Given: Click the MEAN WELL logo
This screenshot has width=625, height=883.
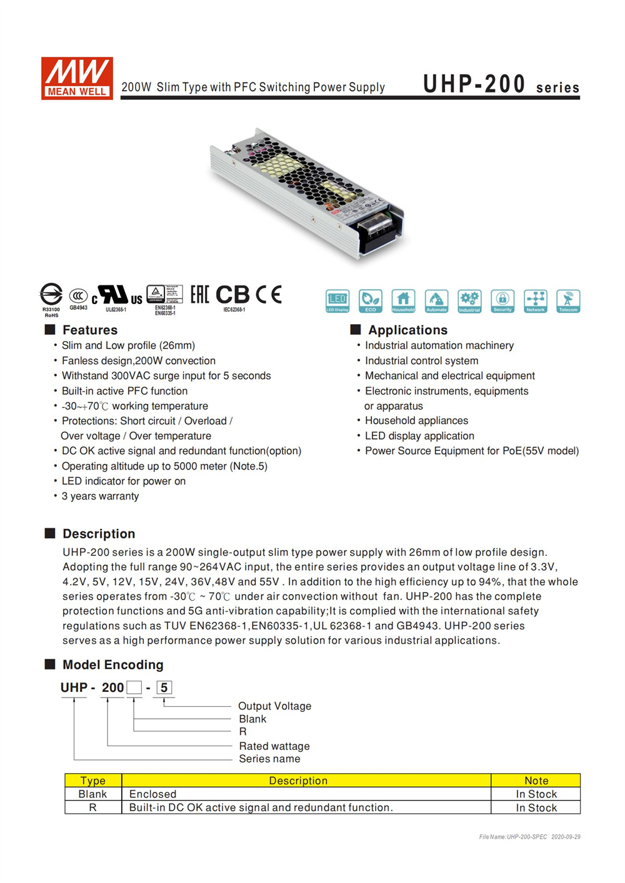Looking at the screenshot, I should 77,78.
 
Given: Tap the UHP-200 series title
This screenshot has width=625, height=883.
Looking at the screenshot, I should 501,84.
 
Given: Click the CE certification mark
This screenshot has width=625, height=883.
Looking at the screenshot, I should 269,295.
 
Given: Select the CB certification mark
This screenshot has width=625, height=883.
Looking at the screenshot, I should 232,295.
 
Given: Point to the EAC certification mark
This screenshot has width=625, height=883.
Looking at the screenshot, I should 199,295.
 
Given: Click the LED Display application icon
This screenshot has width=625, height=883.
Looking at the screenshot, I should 337,301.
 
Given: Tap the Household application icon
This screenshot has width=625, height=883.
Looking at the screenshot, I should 403,301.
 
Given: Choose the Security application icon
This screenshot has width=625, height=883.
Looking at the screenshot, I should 502,301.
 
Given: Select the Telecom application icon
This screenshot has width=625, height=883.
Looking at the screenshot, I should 568,301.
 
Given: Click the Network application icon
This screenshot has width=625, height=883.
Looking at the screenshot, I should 536,301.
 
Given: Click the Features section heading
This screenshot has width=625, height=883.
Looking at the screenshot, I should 89,330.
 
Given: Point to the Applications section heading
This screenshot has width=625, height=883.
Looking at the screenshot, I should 407,330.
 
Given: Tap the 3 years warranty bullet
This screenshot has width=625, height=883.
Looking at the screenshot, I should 100,496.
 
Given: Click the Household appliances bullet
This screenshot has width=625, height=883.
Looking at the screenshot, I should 416,421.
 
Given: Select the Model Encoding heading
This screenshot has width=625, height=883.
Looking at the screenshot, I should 112,664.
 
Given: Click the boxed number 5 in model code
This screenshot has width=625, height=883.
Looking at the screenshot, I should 164,688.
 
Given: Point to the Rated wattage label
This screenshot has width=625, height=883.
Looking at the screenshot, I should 274,746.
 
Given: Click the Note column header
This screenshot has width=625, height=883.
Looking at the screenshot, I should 536,781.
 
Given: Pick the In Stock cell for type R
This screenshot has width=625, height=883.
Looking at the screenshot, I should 536,807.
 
